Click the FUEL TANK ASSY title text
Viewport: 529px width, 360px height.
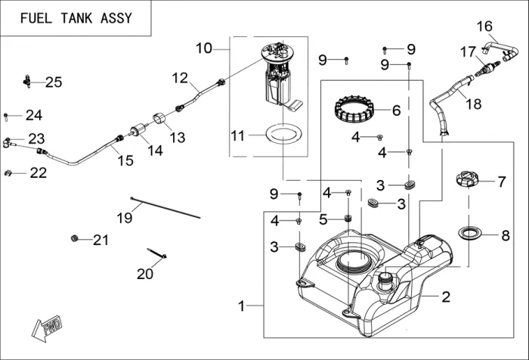pyautogui.click(x=76, y=18)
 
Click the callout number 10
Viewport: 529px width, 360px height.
pyautogui.click(x=203, y=48)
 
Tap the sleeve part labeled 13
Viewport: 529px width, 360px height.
pyautogui.click(x=160, y=119)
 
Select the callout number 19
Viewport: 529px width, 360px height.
pyautogui.click(x=124, y=218)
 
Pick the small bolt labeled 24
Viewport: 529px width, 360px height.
pyautogui.click(x=7, y=116)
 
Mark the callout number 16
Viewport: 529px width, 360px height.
pyautogui.click(x=484, y=26)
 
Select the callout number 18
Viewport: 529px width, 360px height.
pyautogui.click(x=473, y=104)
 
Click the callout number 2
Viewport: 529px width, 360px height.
pyautogui.click(x=446, y=296)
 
